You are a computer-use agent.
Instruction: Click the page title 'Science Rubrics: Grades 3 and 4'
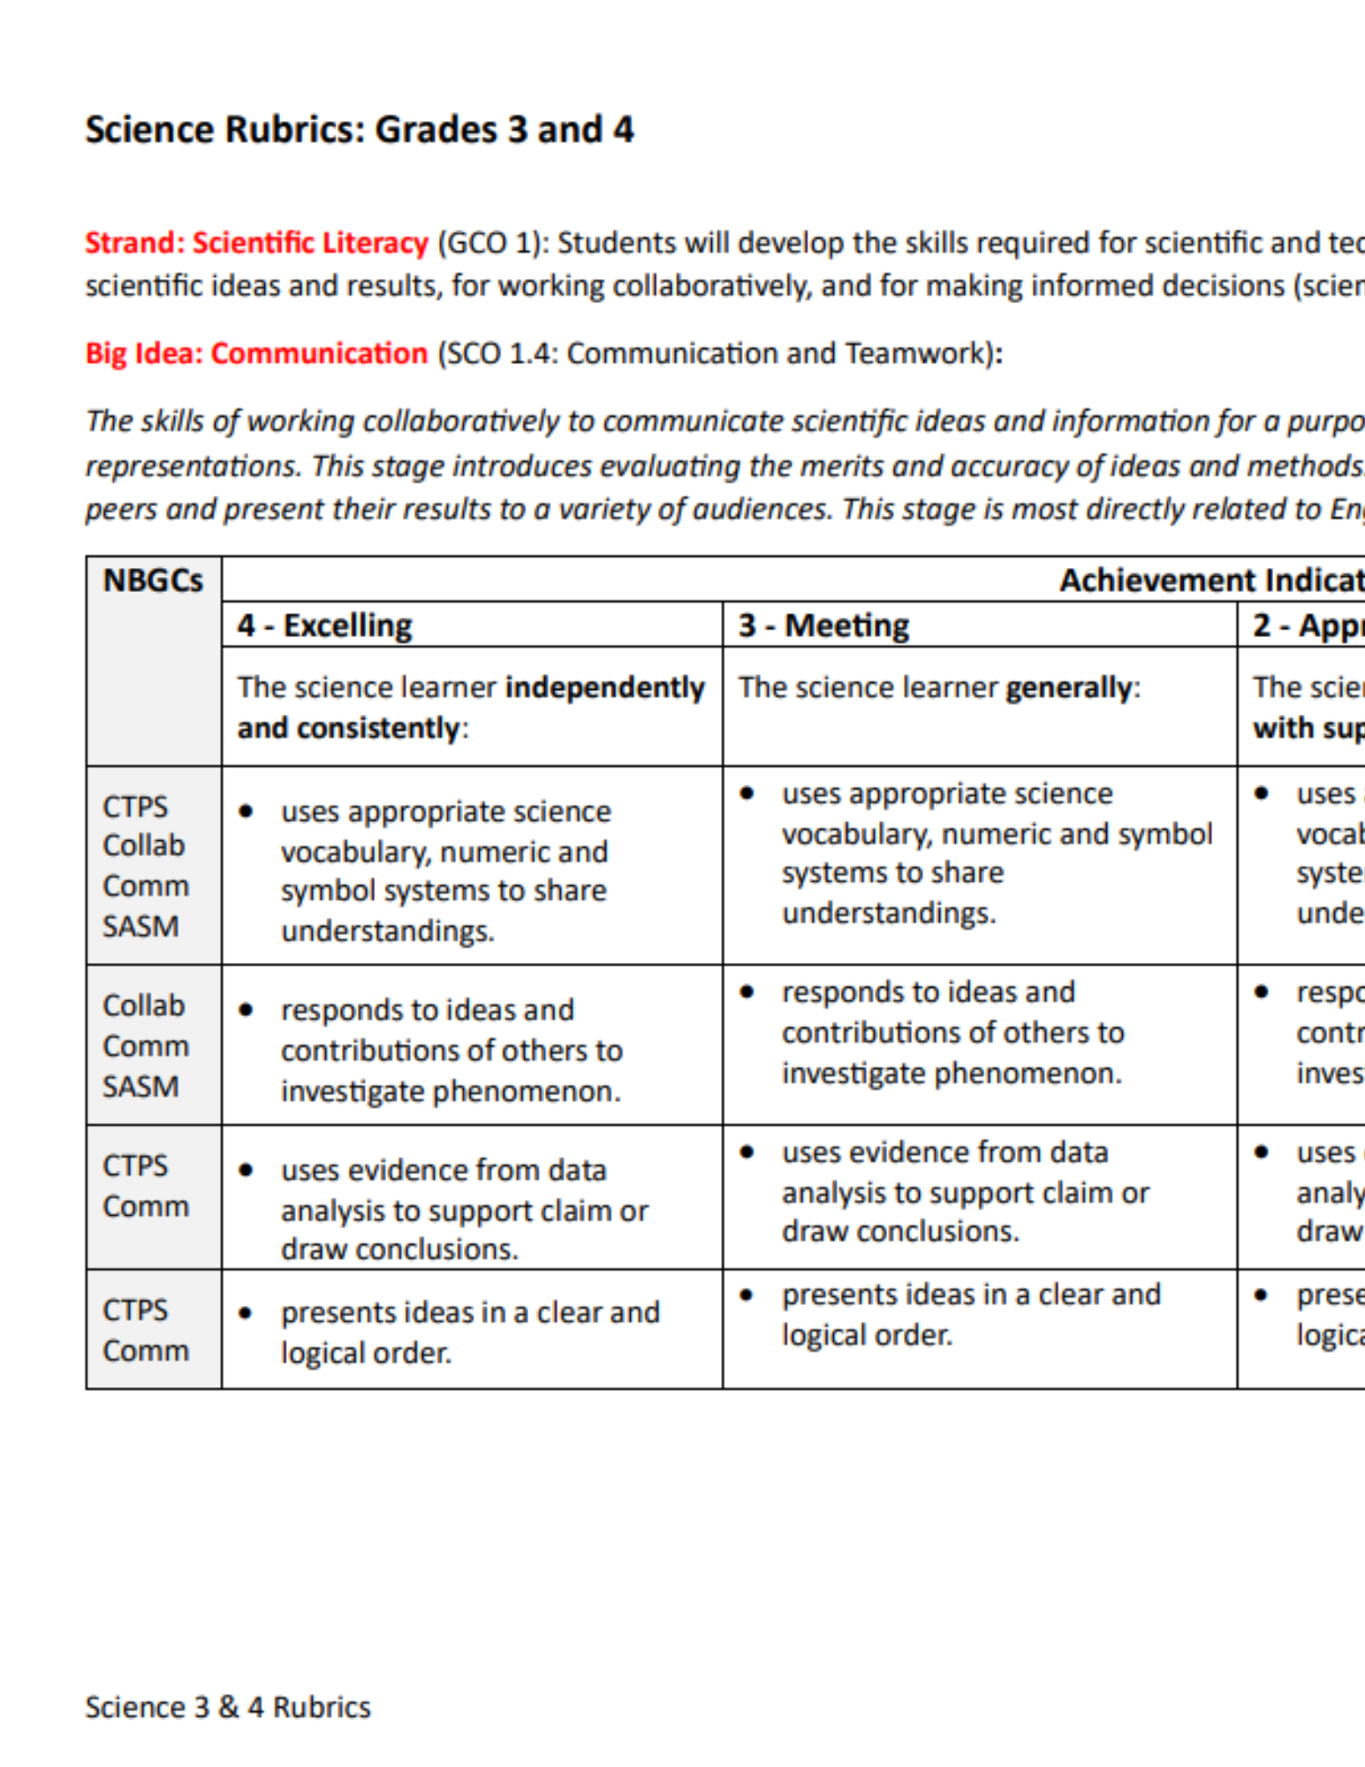click(x=359, y=130)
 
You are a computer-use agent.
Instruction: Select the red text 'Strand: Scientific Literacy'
click(x=256, y=243)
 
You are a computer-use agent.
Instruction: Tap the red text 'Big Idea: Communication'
click(x=256, y=353)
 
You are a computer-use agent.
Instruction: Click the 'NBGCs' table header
click(x=153, y=580)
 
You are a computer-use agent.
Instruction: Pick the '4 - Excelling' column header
click(x=324, y=626)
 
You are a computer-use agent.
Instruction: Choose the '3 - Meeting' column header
click(x=823, y=626)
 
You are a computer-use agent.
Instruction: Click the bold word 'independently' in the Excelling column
click(x=605, y=687)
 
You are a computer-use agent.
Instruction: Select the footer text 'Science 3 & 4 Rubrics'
click(x=228, y=1707)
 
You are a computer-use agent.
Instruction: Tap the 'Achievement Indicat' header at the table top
click(x=1210, y=580)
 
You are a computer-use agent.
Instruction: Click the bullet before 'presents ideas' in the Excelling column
click(x=246, y=1313)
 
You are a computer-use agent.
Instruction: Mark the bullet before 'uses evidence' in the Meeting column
click(x=747, y=1152)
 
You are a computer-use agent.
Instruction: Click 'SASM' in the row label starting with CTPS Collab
click(x=140, y=926)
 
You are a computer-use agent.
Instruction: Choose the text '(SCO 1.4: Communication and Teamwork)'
click(x=719, y=353)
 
